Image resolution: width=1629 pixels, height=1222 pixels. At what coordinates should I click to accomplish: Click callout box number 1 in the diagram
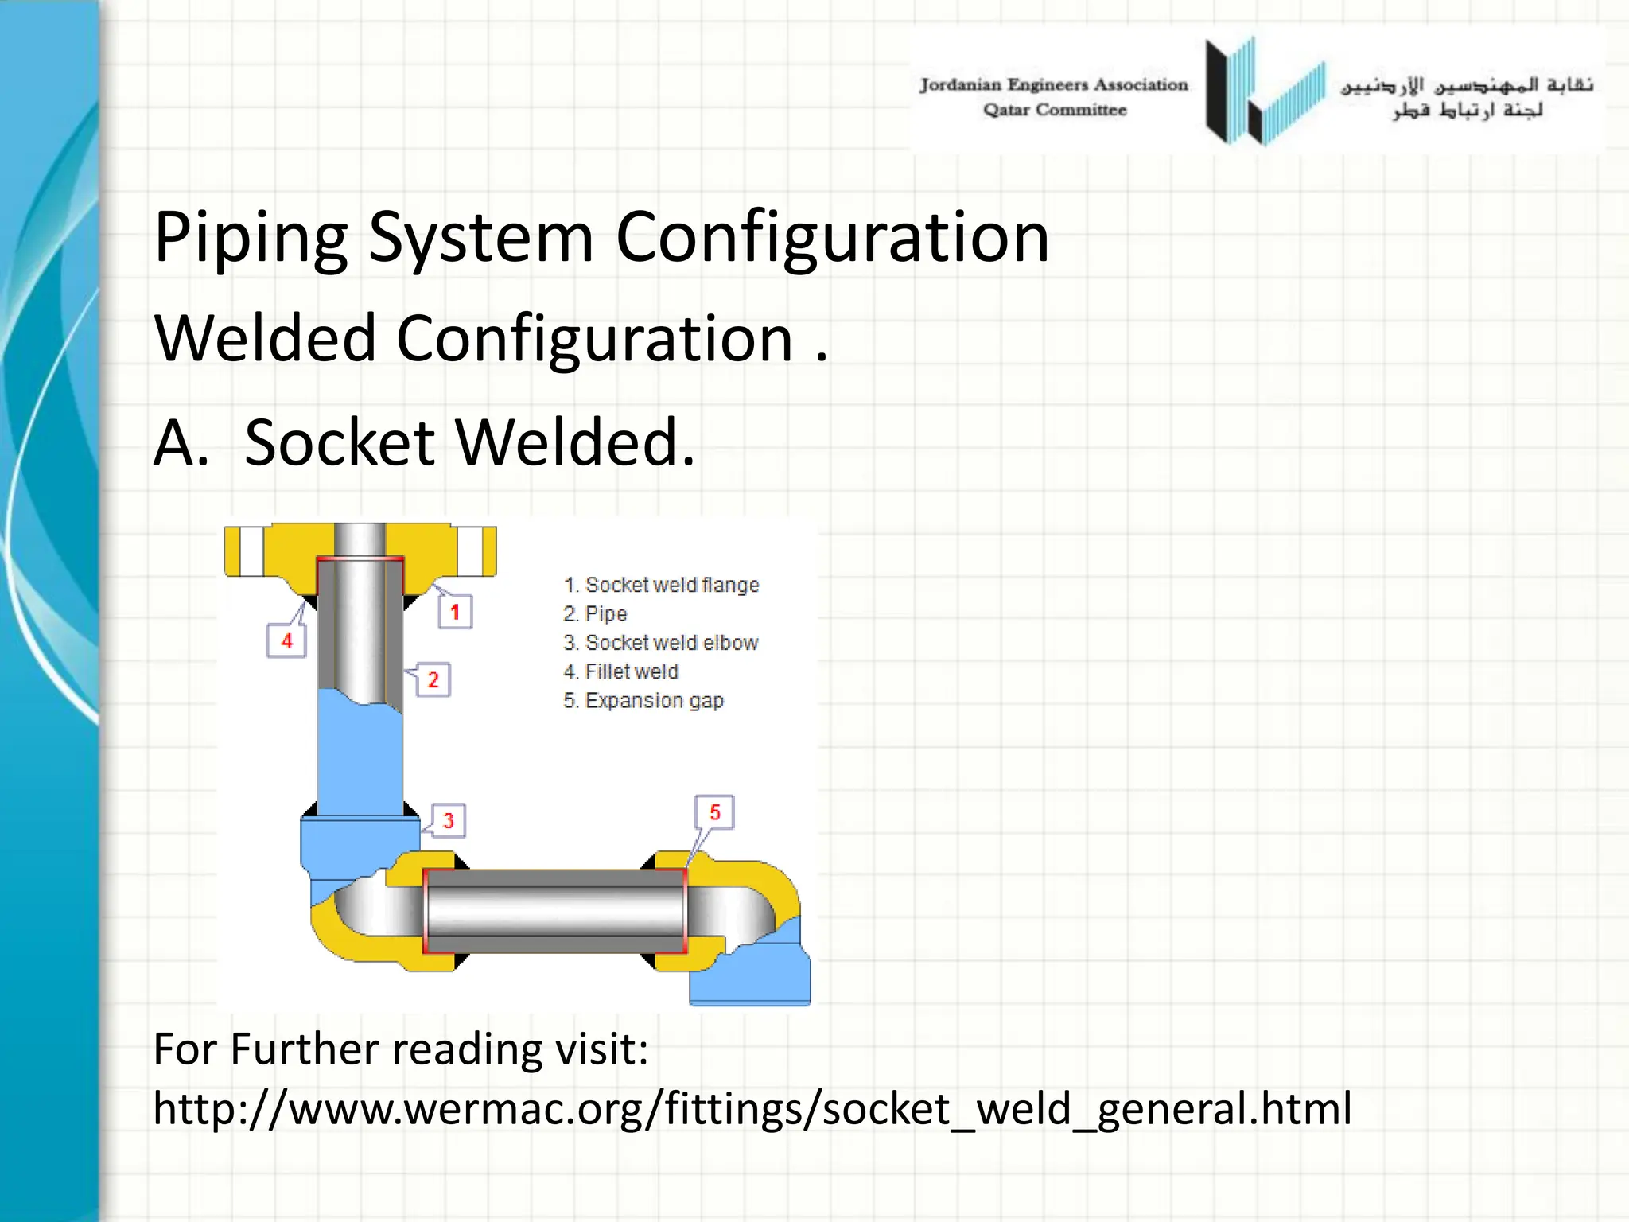pyautogui.click(x=455, y=612)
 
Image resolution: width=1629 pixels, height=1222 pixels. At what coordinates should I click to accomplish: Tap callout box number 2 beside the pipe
pyautogui.click(x=433, y=679)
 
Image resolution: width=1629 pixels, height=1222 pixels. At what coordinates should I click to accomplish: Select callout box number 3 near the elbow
pyautogui.click(x=449, y=820)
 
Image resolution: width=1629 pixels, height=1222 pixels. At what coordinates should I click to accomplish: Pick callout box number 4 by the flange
pyautogui.click(x=286, y=640)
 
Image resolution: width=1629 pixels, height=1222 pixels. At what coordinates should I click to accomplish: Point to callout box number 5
pyautogui.click(x=714, y=812)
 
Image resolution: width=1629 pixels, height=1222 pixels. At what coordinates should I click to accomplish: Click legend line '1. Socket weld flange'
pyautogui.click(x=661, y=585)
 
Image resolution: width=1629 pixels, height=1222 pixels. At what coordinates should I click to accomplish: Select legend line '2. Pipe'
pyautogui.click(x=595, y=613)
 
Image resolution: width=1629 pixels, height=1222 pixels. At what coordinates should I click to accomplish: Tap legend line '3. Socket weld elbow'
pyautogui.click(x=660, y=642)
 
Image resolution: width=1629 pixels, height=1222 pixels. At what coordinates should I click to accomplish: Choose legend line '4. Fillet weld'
pyautogui.click(x=620, y=671)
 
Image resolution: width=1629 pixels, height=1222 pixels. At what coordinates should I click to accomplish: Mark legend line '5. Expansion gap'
pyautogui.click(x=643, y=700)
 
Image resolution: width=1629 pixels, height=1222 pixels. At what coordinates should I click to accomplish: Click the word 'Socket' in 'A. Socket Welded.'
pyautogui.click(x=340, y=442)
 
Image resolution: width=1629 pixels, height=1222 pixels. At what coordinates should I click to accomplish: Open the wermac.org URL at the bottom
pyautogui.click(x=752, y=1108)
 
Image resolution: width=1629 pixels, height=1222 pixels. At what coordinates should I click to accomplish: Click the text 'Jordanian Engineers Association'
pyautogui.click(x=1053, y=85)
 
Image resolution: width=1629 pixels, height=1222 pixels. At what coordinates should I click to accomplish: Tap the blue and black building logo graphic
pyautogui.click(x=1264, y=92)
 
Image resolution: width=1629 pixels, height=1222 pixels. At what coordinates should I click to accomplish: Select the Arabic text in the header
pyautogui.click(x=1467, y=96)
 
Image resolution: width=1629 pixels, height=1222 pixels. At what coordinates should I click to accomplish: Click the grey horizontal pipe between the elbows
pyautogui.click(x=554, y=911)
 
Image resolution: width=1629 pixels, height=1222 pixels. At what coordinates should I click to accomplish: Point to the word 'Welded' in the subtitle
pyautogui.click(x=265, y=339)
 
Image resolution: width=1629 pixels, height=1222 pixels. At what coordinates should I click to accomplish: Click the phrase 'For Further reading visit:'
pyautogui.click(x=401, y=1049)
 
